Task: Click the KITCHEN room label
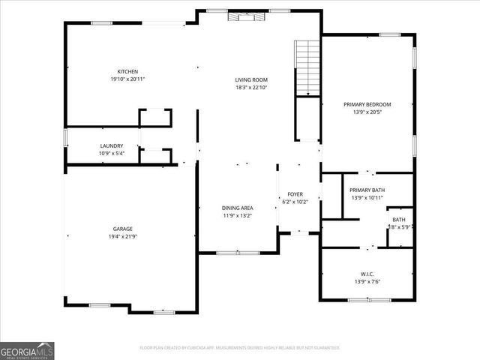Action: pyautogui.click(x=127, y=71)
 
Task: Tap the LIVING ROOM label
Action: pyautogui.click(x=251, y=79)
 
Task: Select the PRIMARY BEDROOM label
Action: pyautogui.click(x=367, y=104)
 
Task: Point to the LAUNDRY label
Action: pyautogui.click(x=111, y=145)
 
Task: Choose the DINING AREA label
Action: pyautogui.click(x=237, y=208)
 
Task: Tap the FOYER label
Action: pyautogui.click(x=295, y=193)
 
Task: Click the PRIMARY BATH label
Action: pyautogui.click(x=367, y=190)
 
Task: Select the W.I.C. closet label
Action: pyautogui.click(x=367, y=274)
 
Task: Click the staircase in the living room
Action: pyautogui.click(x=307, y=67)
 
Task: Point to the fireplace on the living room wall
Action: pyautogui.click(x=247, y=16)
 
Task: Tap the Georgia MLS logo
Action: pyautogui.click(x=27, y=350)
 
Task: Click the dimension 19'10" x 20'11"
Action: pyautogui.click(x=127, y=79)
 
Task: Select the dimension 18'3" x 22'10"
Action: pyautogui.click(x=251, y=87)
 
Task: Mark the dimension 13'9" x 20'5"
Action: pyautogui.click(x=367, y=112)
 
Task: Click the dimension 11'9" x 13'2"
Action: pyautogui.click(x=237, y=215)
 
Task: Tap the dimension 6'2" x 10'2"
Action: pyautogui.click(x=295, y=201)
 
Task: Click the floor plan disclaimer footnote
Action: pyautogui.click(x=240, y=348)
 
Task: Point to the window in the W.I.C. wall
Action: pyautogui.click(x=368, y=299)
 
